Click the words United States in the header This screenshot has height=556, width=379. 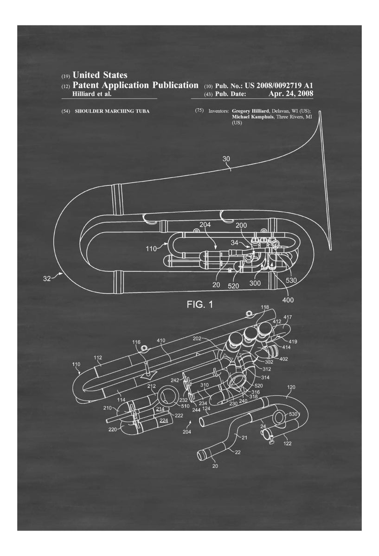click(x=100, y=75)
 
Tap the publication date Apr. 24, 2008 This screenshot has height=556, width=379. click(x=290, y=94)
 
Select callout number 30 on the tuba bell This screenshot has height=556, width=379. click(x=226, y=159)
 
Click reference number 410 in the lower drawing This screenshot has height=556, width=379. click(x=161, y=341)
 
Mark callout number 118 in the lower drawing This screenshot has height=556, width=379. click(x=264, y=308)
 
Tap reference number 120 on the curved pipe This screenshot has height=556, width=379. click(x=291, y=386)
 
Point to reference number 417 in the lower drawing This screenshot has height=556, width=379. click(x=288, y=317)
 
